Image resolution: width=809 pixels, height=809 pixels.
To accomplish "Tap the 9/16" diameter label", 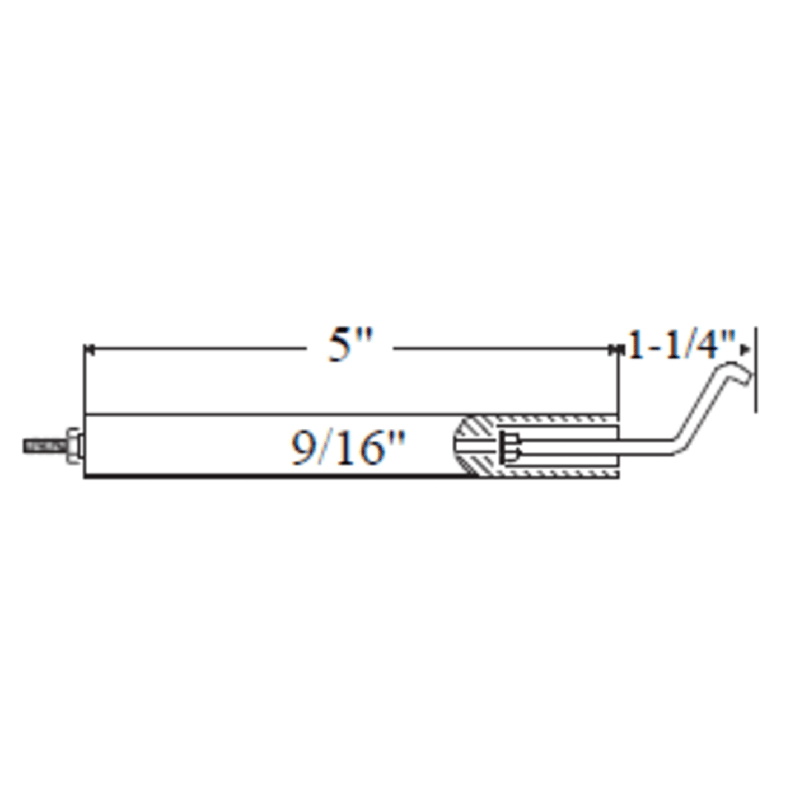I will click(x=348, y=448).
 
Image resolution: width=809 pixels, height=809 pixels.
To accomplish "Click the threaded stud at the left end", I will click(x=44, y=446).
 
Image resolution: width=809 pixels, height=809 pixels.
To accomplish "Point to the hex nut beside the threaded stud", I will click(x=73, y=446).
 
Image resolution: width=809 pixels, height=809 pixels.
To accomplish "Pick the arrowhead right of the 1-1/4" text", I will click(x=745, y=349).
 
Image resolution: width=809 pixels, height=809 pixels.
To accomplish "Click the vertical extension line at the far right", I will click(x=756, y=370).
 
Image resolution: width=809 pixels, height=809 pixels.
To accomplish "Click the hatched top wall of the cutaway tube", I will click(x=554, y=420).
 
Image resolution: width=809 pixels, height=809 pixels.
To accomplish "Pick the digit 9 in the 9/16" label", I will click(x=303, y=448).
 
